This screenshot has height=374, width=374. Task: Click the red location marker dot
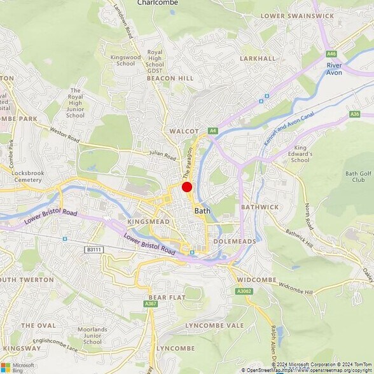click(187, 187)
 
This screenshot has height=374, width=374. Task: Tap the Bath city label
click(202, 211)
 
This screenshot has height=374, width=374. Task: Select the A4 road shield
click(213, 130)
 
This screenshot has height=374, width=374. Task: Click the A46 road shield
click(331, 53)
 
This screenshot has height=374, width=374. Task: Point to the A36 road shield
click(354, 114)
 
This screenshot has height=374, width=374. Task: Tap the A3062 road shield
click(243, 291)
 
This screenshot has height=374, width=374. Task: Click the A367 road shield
click(151, 304)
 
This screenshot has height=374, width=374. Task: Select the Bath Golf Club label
click(358, 177)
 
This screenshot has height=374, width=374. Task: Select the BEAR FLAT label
click(167, 297)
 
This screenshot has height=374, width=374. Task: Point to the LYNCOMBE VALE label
click(214, 325)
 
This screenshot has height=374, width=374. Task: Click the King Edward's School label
click(301, 155)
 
